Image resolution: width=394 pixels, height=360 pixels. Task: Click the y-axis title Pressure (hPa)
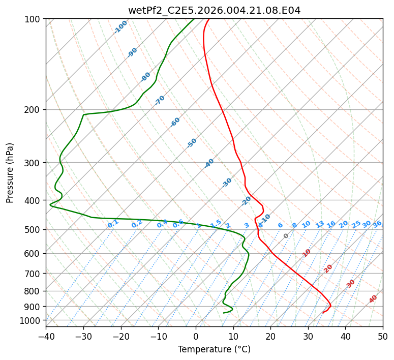(x=10, y=172)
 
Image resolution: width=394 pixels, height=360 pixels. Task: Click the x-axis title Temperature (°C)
(x=214, y=349)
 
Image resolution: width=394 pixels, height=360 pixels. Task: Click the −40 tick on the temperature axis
(x=46, y=336)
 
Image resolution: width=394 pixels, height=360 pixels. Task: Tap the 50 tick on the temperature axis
(x=383, y=336)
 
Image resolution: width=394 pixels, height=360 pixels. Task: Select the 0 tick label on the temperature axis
(x=196, y=336)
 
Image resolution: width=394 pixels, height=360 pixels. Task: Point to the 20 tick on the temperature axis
(x=270, y=336)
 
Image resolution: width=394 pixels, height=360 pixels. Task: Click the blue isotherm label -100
(x=120, y=26)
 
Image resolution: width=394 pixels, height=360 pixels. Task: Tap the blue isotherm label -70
(x=160, y=100)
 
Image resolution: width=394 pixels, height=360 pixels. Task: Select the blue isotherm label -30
(x=227, y=183)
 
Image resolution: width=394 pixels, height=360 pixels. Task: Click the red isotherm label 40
(x=373, y=299)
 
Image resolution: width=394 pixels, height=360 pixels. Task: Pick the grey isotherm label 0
(x=286, y=236)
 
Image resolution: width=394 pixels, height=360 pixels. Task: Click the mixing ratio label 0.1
(x=113, y=223)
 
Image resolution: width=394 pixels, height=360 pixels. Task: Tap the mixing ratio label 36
(x=377, y=224)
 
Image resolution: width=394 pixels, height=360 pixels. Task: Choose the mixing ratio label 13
(x=320, y=224)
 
